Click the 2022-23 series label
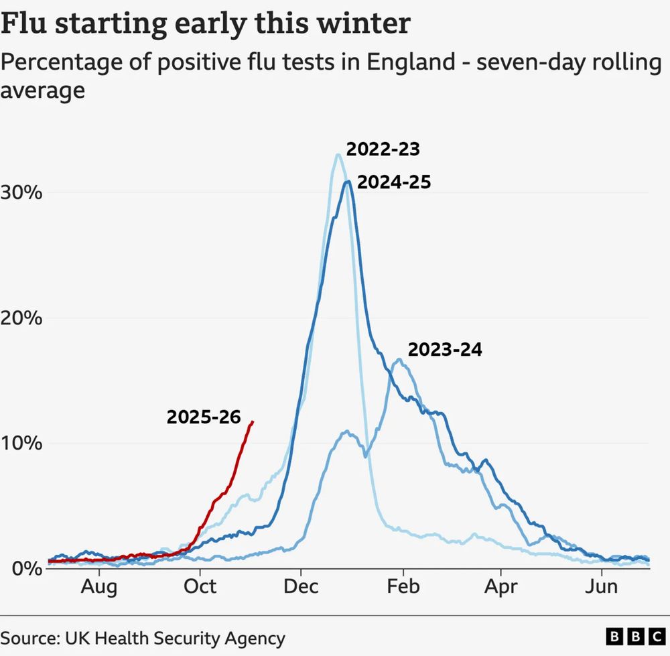[383, 149]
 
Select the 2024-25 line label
[393, 182]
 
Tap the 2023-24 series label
[445, 349]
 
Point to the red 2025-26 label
[203, 417]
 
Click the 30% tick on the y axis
[23, 193]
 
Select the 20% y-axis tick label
[23, 318]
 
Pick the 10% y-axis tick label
[23, 444]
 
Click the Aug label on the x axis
[99, 587]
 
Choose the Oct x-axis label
[200, 587]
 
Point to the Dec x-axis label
[301, 587]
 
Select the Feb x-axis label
[403, 587]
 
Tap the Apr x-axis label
[500, 587]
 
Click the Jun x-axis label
[601, 587]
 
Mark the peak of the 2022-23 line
[338, 155]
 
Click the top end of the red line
[253, 421]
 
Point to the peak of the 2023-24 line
[400, 360]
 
